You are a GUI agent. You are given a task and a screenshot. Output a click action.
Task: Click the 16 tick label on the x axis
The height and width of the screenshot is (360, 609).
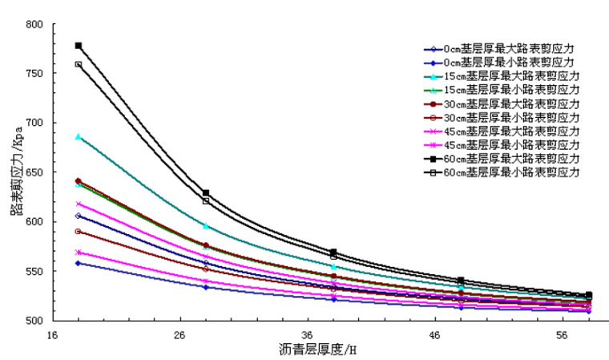tap(53, 333)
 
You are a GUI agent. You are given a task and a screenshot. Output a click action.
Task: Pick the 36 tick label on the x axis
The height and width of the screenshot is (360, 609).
tap(307, 333)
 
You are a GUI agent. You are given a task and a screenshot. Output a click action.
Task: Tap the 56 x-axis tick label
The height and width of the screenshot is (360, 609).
tap(562, 333)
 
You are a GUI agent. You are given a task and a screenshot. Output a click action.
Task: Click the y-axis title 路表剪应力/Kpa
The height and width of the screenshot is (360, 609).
tap(14, 172)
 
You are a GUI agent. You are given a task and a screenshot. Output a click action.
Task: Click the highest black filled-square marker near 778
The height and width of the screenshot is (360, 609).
tap(79, 46)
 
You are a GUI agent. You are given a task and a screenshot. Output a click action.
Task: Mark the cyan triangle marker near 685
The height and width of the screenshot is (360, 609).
tap(79, 137)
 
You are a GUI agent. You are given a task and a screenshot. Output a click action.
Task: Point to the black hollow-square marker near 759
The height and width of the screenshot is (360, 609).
tap(79, 64)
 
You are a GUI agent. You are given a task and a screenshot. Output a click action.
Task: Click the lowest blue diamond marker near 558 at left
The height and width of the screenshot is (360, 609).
tap(79, 263)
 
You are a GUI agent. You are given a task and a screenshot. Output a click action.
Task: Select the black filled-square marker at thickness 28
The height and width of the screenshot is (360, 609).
tap(206, 192)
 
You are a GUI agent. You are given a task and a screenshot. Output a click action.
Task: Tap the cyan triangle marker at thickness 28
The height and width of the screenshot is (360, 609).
tap(206, 226)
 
